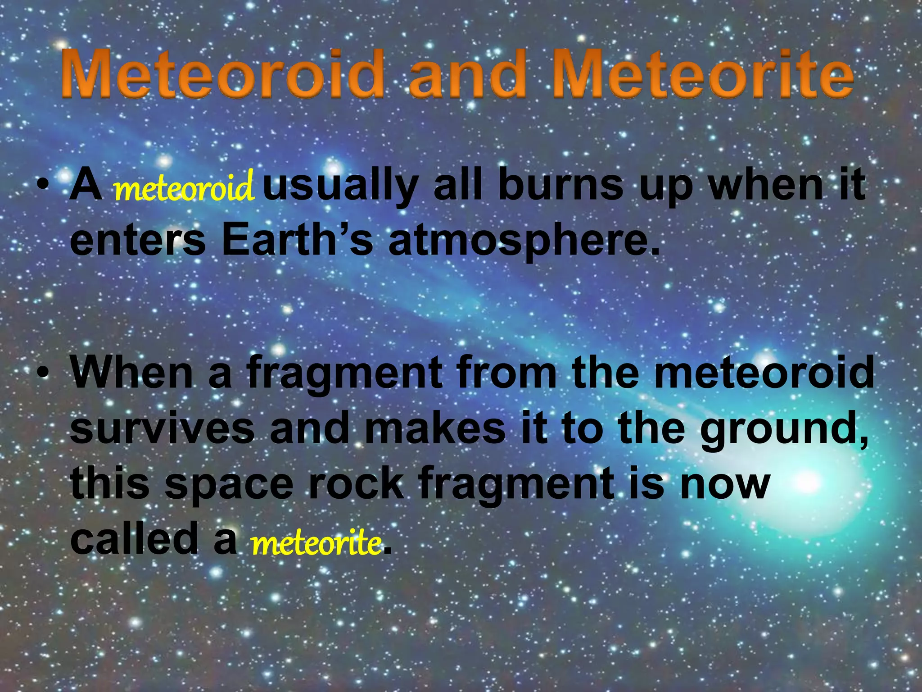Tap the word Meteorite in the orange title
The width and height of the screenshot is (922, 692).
coord(702,75)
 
